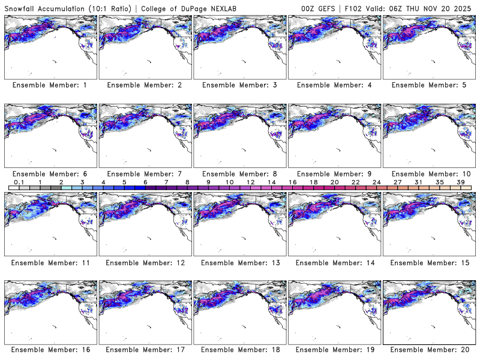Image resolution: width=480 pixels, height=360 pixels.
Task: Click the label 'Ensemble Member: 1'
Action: click(49, 85)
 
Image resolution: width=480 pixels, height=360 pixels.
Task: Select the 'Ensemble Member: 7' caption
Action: click(144, 174)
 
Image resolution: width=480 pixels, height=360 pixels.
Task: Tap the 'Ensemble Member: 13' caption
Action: click(239, 263)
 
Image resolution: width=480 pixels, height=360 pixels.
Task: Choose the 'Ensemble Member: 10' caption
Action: click(428, 174)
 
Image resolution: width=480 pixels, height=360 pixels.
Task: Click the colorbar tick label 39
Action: click(461, 182)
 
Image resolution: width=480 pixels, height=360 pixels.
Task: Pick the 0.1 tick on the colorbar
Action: click(19, 182)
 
